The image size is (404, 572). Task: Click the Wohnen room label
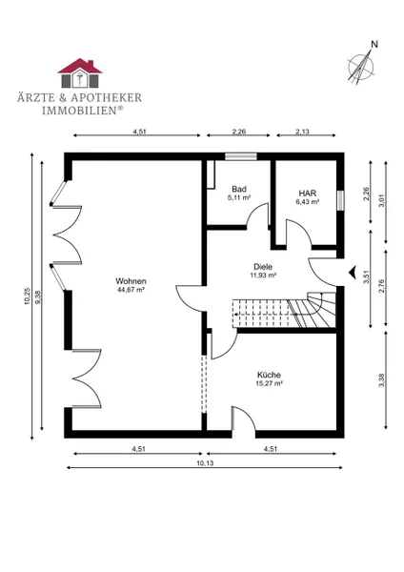click(131, 281)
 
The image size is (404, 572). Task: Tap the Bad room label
click(239, 189)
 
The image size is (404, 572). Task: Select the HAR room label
click(308, 194)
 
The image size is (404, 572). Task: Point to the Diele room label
click(263, 267)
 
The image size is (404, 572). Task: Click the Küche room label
click(269, 375)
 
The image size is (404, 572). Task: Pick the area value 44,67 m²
click(131, 290)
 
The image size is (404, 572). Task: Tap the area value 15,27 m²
click(269, 383)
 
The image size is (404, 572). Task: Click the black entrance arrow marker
click(352, 272)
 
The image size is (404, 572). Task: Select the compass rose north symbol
click(362, 64)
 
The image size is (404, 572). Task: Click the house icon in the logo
click(80, 73)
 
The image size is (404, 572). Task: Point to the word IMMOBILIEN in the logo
click(79, 111)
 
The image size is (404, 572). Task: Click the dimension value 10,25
click(28, 296)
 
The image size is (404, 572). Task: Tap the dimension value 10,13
click(205, 463)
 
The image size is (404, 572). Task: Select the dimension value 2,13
click(302, 132)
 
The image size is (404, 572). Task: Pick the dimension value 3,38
click(382, 380)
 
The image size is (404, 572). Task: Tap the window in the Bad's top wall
click(241, 156)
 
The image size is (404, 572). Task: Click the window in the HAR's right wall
click(340, 200)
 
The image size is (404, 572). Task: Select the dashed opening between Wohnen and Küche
click(204, 384)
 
